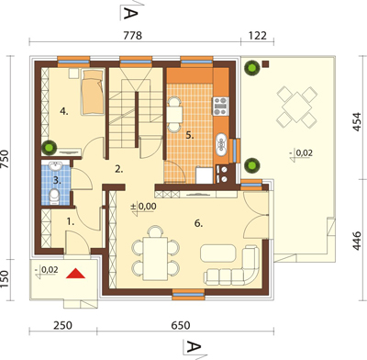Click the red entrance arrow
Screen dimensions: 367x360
click(x=75, y=274)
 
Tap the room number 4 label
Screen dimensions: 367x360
click(x=64, y=112)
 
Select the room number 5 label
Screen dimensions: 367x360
click(x=190, y=135)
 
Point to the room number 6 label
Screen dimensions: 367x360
click(x=198, y=224)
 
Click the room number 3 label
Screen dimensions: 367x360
click(x=57, y=180)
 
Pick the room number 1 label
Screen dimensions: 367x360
click(x=71, y=222)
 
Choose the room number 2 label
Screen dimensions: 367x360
click(x=119, y=169)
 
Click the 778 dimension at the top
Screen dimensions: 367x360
click(x=133, y=36)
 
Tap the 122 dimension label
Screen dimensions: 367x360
click(x=257, y=36)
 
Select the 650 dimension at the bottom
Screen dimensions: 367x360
click(x=181, y=325)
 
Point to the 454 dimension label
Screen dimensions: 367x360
click(x=357, y=122)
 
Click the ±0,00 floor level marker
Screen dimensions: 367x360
click(x=143, y=207)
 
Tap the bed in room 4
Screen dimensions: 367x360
click(x=92, y=93)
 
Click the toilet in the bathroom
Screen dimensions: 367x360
click(x=54, y=197)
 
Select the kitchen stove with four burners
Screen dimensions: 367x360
click(x=221, y=107)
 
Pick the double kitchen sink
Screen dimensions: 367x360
click(x=221, y=144)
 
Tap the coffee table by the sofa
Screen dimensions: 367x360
click(x=218, y=253)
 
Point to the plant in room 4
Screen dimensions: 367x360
click(x=49, y=147)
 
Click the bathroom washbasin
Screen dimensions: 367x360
click(x=56, y=165)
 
